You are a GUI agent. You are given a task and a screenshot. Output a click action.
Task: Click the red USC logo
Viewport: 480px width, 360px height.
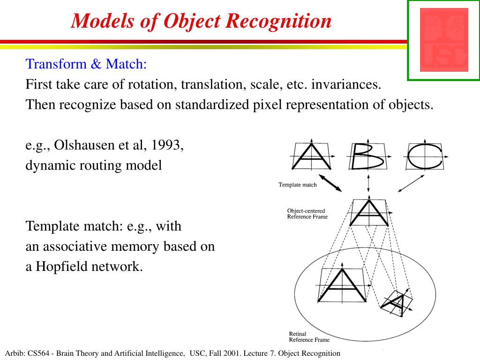coord(443,40)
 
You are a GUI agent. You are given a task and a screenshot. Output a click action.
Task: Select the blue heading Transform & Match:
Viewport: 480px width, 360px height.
coord(86,64)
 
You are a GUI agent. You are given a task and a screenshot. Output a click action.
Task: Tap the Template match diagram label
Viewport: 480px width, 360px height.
coord(298,185)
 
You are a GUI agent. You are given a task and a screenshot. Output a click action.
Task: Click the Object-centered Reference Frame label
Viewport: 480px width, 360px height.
coord(307,214)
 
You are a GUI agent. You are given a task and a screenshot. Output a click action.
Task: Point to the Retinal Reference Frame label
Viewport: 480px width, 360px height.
coord(309,337)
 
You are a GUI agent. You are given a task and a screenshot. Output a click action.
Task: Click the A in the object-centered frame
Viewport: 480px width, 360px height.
coord(369,213)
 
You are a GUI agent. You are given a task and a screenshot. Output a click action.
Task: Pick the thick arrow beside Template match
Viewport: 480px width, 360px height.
coord(330,183)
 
